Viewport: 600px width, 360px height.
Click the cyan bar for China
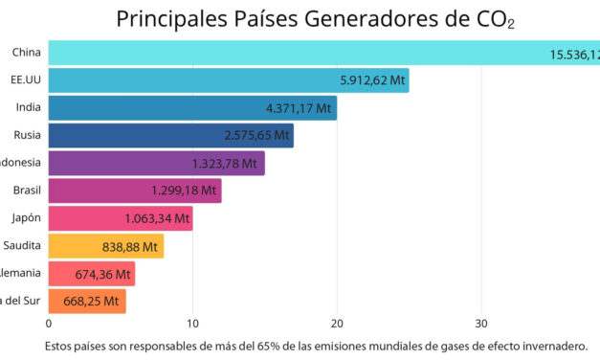(287, 54)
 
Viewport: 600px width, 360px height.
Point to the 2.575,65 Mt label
(256, 136)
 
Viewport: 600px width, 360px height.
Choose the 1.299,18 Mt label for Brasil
(183, 191)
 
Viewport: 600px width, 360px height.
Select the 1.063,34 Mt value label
(154, 218)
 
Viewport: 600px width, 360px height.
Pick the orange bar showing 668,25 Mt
(87, 302)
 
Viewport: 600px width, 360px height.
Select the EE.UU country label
(25, 80)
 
